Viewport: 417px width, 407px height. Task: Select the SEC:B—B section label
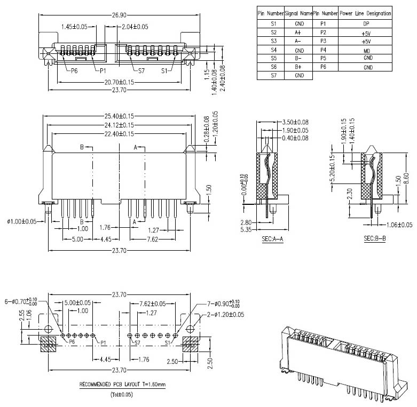374,238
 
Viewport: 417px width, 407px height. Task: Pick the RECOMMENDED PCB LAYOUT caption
122,384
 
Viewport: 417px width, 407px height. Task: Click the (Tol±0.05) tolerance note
122,395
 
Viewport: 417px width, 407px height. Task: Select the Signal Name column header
298,13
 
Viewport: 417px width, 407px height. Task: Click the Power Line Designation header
366,13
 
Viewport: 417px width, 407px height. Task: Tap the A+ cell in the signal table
299,33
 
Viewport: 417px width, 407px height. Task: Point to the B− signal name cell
299,58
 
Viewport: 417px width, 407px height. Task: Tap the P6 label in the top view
72,70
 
